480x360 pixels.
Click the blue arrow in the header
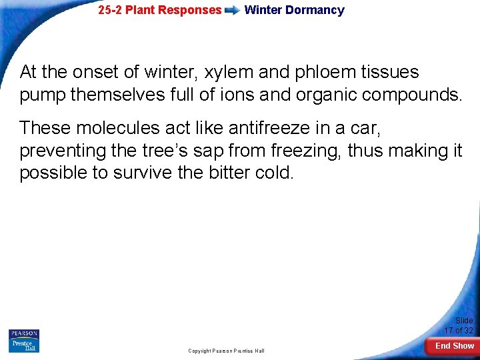pyautogui.click(x=233, y=11)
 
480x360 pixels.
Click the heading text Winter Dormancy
pyautogui.click(x=294, y=10)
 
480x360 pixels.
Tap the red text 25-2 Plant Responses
pyautogui.click(x=159, y=10)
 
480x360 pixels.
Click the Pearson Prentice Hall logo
pyautogui.click(x=24, y=341)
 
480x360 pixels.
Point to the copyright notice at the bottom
pyautogui.click(x=226, y=351)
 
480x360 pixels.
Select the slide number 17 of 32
pyautogui.click(x=459, y=325)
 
